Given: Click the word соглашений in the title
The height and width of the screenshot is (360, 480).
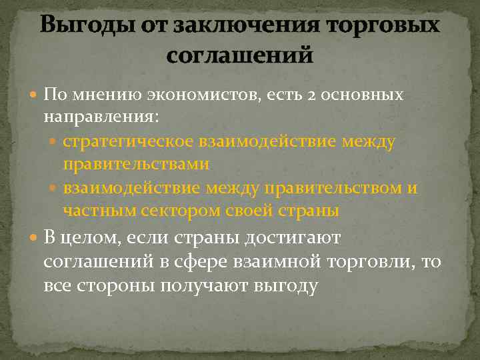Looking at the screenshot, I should pos(239,55).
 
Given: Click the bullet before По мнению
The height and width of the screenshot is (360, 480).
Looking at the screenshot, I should pos(35,95).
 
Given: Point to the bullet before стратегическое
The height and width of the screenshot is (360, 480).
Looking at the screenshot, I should pos(55,142).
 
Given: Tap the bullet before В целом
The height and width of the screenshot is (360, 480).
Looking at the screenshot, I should pos(35,237).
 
